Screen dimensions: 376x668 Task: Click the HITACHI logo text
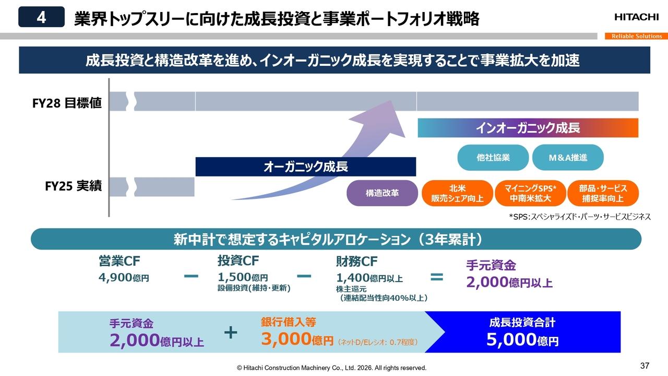coord(636,17)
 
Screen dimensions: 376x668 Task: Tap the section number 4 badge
coord(41,17)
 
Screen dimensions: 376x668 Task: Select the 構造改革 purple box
coord(383,193)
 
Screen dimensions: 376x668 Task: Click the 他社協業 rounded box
coord(493,158)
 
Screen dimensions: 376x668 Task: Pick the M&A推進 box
coord(568,158)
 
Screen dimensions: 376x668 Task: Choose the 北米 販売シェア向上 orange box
coord(457,193)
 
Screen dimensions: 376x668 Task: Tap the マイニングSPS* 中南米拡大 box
coord(530,193)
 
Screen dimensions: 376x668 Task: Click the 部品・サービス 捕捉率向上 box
coord(603,193)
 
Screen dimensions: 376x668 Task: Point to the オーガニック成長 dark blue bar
coord(305,167)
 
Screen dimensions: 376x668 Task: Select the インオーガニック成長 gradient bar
coord(528,128)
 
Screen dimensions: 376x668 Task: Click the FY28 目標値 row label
coord(67,103)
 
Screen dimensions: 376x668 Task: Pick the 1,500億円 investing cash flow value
coord(243,278)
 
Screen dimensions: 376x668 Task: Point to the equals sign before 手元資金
coord(436,277)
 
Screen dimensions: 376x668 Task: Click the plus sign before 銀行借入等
coord(231,332)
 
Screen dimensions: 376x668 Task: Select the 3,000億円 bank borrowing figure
coord(296,340)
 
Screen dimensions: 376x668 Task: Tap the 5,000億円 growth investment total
coord(522,340)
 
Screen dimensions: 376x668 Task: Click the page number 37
coord(645,365)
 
